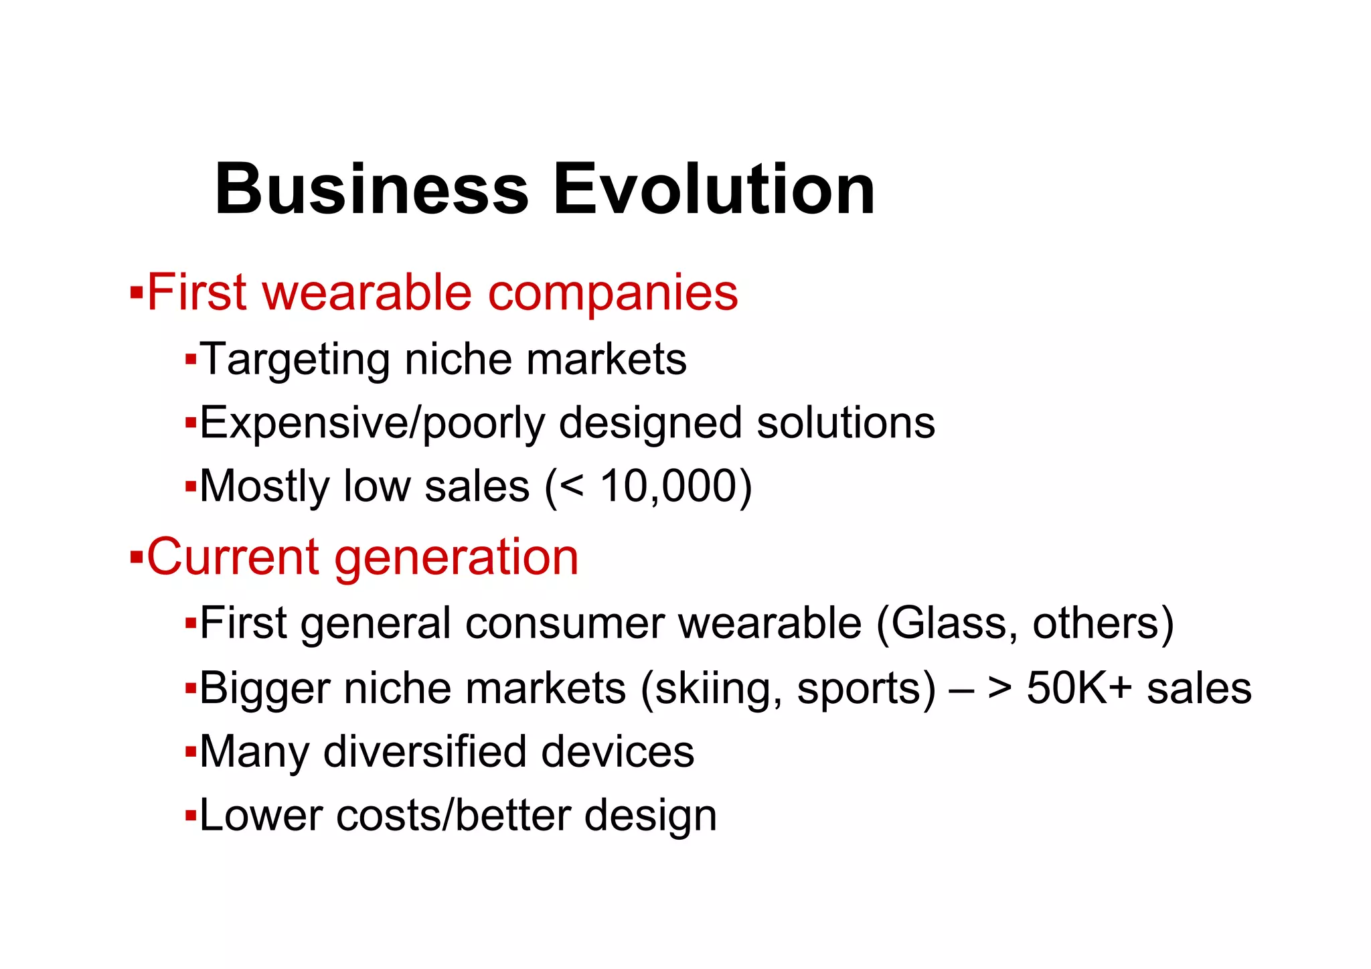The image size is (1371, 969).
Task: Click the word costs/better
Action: click(453, 816)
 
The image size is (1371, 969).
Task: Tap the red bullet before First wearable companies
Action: click(137, 293)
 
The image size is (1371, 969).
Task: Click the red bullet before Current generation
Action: click(137, 556)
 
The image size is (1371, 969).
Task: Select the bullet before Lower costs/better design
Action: click(191, 816)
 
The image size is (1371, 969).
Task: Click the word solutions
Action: click(845, 423)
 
